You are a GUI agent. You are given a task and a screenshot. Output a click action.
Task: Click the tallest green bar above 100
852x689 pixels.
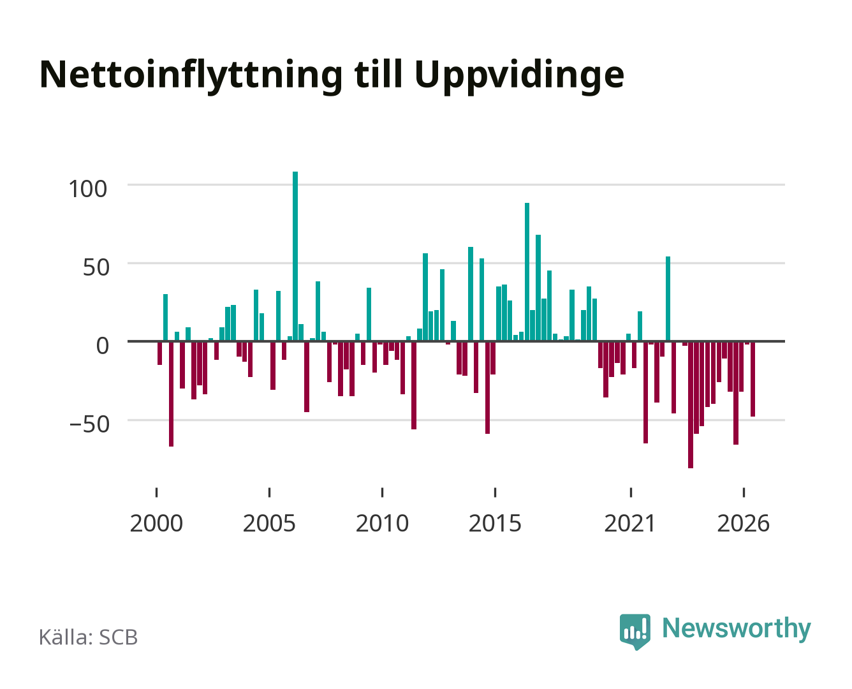click(295, 256)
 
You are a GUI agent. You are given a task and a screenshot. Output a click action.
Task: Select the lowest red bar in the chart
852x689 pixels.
click(690, 404)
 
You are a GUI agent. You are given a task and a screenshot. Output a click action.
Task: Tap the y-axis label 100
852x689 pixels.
click(87, 189)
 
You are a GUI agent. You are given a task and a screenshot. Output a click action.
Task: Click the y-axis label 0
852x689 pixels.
click(103, 345)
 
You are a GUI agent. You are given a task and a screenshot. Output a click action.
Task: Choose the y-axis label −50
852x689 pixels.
click(89, 424)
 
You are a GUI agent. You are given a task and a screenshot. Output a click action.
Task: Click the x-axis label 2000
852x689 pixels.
click(156, 523)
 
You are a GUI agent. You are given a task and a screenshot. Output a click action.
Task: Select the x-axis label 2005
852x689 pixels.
click(269, 523)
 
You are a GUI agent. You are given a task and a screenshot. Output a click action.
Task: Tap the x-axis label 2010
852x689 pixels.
click(382, 523)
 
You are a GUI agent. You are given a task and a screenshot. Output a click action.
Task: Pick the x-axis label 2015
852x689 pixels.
click(495, 523)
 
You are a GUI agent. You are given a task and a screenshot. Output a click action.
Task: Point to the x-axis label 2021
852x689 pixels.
click(630, 523)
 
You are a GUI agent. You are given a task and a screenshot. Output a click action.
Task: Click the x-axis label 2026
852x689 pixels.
click(743, 523)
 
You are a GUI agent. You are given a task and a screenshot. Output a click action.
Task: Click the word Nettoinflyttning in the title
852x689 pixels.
click(191, 76)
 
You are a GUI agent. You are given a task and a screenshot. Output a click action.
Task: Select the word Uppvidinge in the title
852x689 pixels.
click(519, 76)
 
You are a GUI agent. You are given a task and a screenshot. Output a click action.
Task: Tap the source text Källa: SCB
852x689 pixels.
click(88, 637)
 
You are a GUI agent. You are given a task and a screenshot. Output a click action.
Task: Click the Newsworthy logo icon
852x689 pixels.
click(635, 632)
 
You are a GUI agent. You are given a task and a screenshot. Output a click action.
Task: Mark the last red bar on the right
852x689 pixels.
click(753, 379)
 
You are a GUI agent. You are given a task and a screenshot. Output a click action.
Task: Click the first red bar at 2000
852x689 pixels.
click(159, 353)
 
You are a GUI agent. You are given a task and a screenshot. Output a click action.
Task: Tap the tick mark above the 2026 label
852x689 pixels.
click(744, 492)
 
